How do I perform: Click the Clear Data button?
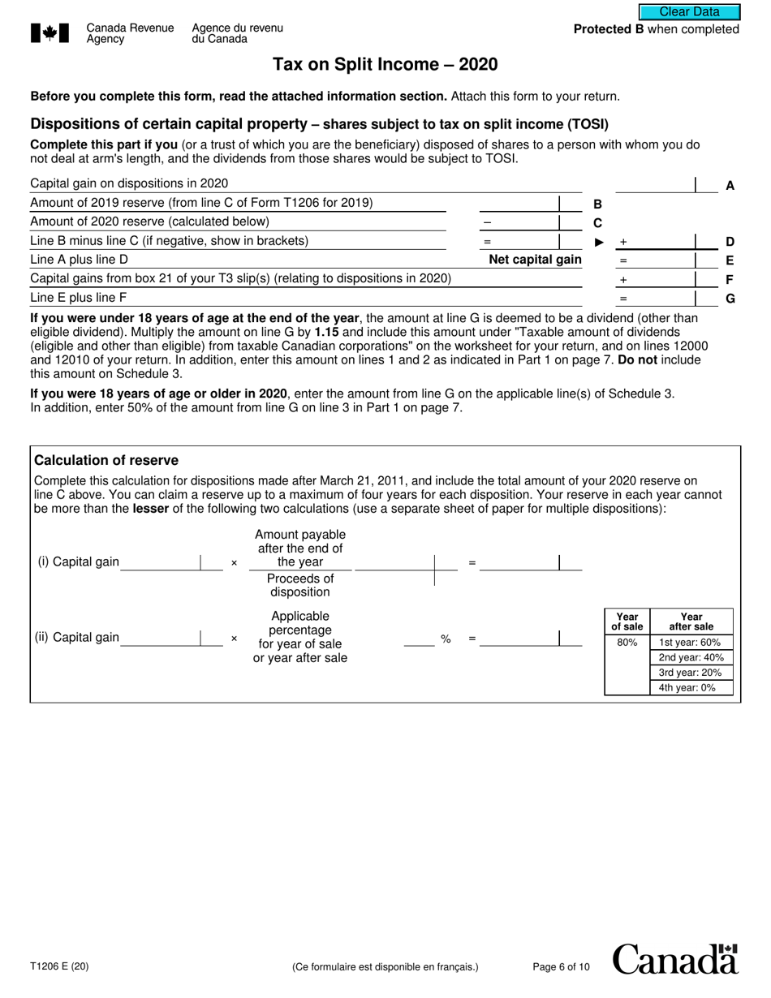(689, 11)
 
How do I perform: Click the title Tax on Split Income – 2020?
(385, 65)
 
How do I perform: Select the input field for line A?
(655, 184)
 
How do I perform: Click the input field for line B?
(519, 204)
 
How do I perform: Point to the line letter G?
(730, 299)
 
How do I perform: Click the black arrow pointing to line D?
(600, 242)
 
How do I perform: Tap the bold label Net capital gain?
(535, 260)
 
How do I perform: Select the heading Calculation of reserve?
(106, 460)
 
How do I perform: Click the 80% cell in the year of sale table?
(627, 642)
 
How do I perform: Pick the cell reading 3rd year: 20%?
(690, 673)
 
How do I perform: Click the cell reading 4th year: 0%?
(690, 688)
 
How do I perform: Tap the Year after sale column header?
(691, 621)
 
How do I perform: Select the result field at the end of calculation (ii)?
(519, 639)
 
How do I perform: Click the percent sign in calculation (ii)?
(446, 639)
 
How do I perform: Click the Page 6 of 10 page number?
(561, 966)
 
